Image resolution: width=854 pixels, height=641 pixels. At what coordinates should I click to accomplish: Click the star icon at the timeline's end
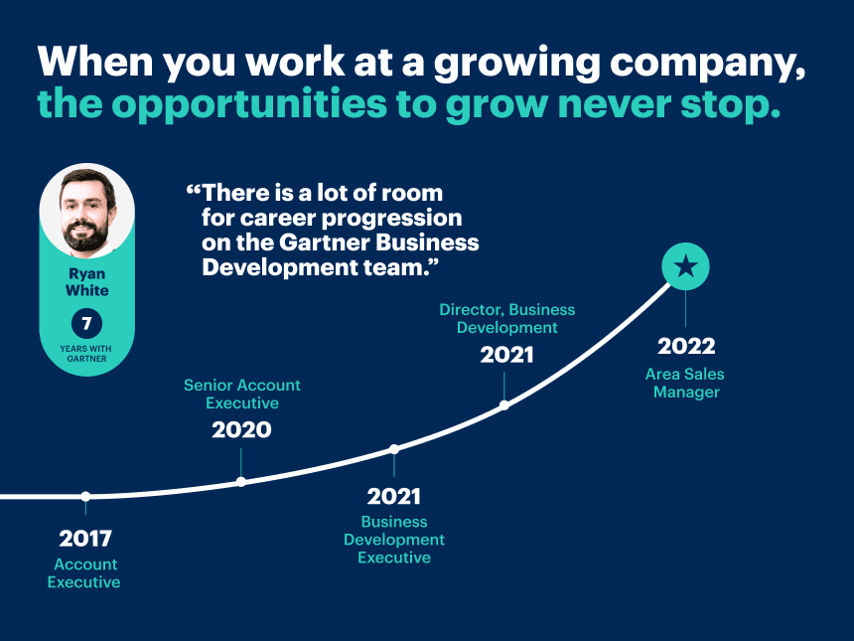[685, 266]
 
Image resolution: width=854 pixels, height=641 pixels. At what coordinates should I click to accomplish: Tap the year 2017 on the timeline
[85, 539]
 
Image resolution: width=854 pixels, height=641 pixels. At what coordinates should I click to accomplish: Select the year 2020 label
[241, 430]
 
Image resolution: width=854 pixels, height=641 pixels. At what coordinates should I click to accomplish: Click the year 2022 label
[686, 346]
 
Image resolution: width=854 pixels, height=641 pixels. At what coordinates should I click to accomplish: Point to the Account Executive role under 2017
[83, 572]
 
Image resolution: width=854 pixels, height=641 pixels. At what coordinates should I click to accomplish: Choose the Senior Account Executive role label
[242, 395]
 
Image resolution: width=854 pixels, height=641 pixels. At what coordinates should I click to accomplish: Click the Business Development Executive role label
[394, 540]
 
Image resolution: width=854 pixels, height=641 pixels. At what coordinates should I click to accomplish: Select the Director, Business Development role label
[507, 318]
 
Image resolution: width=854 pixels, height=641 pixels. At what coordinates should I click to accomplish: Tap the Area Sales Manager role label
[685, 384]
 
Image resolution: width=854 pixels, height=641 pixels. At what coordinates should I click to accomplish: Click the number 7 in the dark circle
[86, 324]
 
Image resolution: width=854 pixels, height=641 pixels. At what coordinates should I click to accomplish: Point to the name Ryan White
[87, 282]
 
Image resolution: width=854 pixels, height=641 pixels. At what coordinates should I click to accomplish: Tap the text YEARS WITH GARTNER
[86, 353]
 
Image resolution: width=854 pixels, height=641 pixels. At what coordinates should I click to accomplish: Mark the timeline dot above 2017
[85, 497]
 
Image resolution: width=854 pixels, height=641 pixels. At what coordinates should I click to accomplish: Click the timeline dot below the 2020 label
[241, 482]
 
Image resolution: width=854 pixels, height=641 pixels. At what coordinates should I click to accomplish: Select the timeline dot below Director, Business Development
[504, 405]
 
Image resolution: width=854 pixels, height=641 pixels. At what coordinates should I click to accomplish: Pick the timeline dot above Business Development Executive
[394, 449]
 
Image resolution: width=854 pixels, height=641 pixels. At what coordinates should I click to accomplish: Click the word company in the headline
[707, 64]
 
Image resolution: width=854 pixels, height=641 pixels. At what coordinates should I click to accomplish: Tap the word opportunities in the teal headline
[249, 105]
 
